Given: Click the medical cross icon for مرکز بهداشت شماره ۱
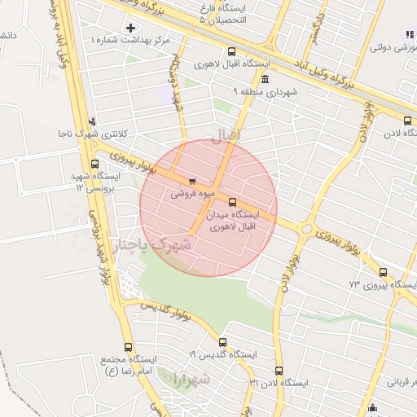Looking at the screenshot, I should [x=131, y=28].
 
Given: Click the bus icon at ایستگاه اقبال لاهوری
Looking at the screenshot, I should [x=232, y=50].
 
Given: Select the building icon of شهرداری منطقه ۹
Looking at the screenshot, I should [x=266, y=80].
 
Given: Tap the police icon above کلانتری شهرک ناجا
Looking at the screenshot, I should [x=92, y=121].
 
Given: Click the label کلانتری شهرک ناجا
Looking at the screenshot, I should [x=91, y=133].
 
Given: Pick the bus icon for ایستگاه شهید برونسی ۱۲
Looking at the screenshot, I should [x=95, y=164].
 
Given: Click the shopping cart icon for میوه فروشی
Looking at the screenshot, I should [x=191, y=182].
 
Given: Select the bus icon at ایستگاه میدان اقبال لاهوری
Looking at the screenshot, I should [x=233, y=202].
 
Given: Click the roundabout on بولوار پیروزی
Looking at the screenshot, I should [x=306, y=229].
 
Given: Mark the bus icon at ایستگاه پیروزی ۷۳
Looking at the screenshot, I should [x=383, y=274].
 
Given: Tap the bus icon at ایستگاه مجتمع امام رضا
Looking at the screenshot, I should [x=128, y=347].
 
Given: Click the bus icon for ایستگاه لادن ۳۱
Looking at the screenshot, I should [x=279, y=371].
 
